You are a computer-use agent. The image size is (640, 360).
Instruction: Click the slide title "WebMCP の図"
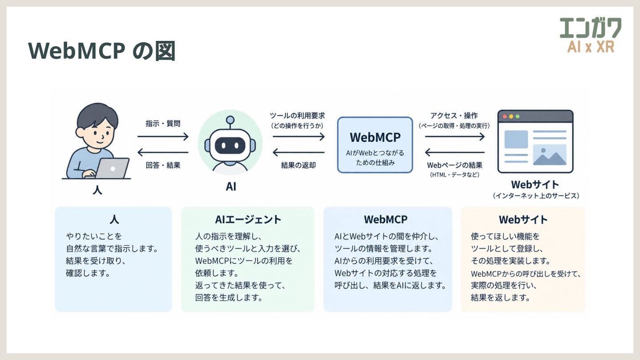pyautogui.click(x=102, y=51)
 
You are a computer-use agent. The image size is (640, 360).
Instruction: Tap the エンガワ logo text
pyautogui.click(x=591, y=28)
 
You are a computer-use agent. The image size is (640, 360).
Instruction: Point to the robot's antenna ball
pyautogui.click(x=230, y=120)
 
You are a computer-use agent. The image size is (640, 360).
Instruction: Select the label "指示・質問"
pyautogui.click(x=163, y=124)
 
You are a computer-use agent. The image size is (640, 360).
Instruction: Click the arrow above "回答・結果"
pyautogui.click(x=163, y=152)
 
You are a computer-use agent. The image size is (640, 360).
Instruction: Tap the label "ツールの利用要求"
pyautogui.click(x=297, y=116)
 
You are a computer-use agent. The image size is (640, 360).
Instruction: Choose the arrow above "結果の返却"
pyautogui.click(x=299, y=152)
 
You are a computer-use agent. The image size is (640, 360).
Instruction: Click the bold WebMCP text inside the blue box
pyautogui.click(x=375, y=137)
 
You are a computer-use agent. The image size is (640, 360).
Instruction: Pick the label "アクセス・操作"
pyautogui.click(x=454, y=116)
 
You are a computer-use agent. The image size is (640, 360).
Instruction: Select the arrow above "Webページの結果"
pyautogui.click(x=455, y=152)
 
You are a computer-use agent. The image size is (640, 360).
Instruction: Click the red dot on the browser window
pyautogui.click(x=504, y=116)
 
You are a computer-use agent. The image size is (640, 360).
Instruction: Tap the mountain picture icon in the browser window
pyautogui.click(x=550, y=155)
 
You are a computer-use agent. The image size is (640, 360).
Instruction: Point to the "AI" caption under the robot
pyautogui.click(x=231, y=187)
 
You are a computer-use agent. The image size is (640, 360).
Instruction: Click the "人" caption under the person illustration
pyautogui.click(x=97, y=190)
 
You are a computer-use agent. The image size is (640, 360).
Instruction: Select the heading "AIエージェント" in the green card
pyautogui.click(x=248, y=220)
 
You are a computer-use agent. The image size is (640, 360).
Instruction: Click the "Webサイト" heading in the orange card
pyautogui.click(x=523, y=220)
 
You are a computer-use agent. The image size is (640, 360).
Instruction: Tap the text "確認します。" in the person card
pyautogui.click(x=88, y=273)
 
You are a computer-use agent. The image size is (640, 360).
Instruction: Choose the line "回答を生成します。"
pyautogui.click(x=229, y=298)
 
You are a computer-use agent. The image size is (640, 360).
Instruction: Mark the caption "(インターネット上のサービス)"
pyautogui.click(x=536, y=196)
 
